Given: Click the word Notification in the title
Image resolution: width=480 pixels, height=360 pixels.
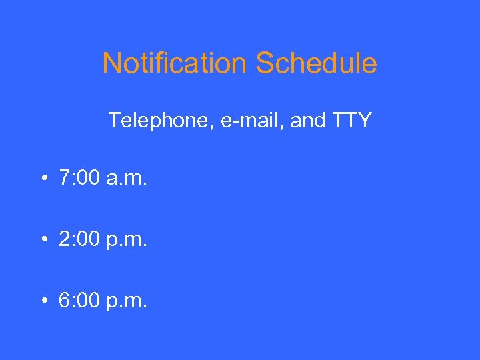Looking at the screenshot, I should pyautogui.click(x=174, y=64).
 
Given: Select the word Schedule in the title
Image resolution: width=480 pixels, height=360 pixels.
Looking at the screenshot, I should pyautogui.click(x=316, y=64).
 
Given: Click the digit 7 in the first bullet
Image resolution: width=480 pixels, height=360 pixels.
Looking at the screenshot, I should pyautogui.click(x=65, y=179).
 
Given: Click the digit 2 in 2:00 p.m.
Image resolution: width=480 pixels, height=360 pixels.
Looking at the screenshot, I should pyautogui.click(x=65, y=239).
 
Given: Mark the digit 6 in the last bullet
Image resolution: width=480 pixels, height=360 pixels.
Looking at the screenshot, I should pyautogui.click(x=65, y=300).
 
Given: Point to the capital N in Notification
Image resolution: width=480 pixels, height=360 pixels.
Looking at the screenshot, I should pyautogui.click(x=111, y=64).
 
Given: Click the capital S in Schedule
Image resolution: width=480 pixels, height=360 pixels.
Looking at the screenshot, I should pyautogui.click(x=264, y=64).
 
